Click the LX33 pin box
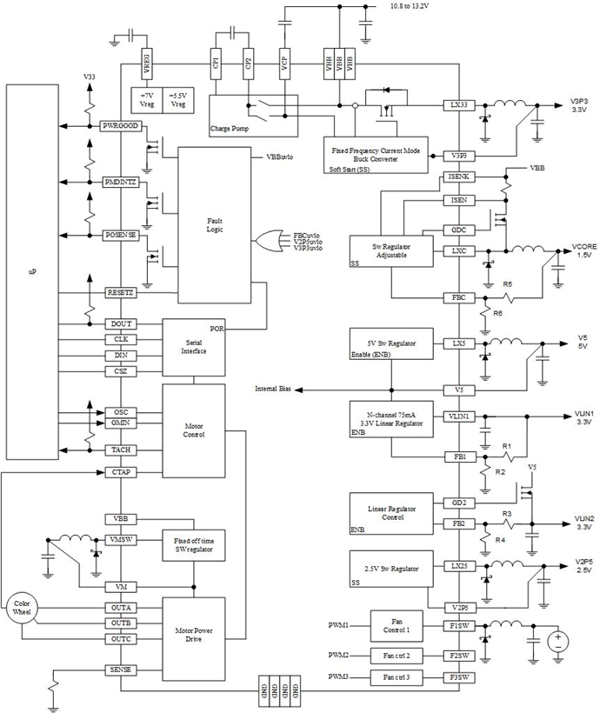tap(458, 103)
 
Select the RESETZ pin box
tap(122, 292)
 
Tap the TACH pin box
tap(122, 450)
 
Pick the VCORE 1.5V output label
tap(583, 250)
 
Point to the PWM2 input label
tap(338, 654)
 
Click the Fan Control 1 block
tap(395, 627)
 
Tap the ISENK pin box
tap(458, 177)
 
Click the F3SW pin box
tap(458, 676)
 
